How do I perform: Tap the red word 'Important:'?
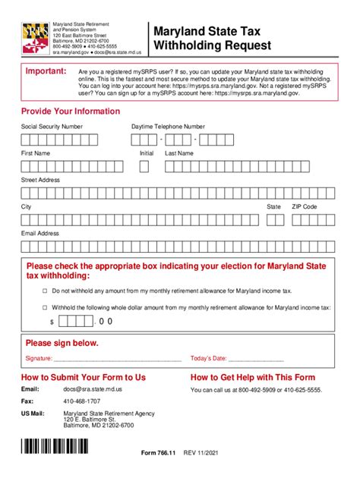pyautogui.click(x=47, y=71)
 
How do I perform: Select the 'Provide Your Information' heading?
pyautogui.click(x=71, y=111)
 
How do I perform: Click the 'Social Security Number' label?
pyautogui.click(x=52, y=126)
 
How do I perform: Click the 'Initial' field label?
pyautogui.click(x=147, y=153)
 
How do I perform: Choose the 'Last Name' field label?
pyautogui.click(x=179, y=153)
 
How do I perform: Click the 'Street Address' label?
pyautogui.click(x=40, y=180)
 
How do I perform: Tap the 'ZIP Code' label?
pyautogui.click(x=305, y=206)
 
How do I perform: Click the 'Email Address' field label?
pyautogui.click(x=40, y=233)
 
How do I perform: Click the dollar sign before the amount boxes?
pyautogui.click(x=52, y=322)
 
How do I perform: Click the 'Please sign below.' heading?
pyautogui.click(x=62, y=343)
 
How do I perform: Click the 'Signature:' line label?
pyautogui.click(x=39, y=358)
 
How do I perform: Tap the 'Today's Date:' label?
pyautogui.click(x=208, y=358)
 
